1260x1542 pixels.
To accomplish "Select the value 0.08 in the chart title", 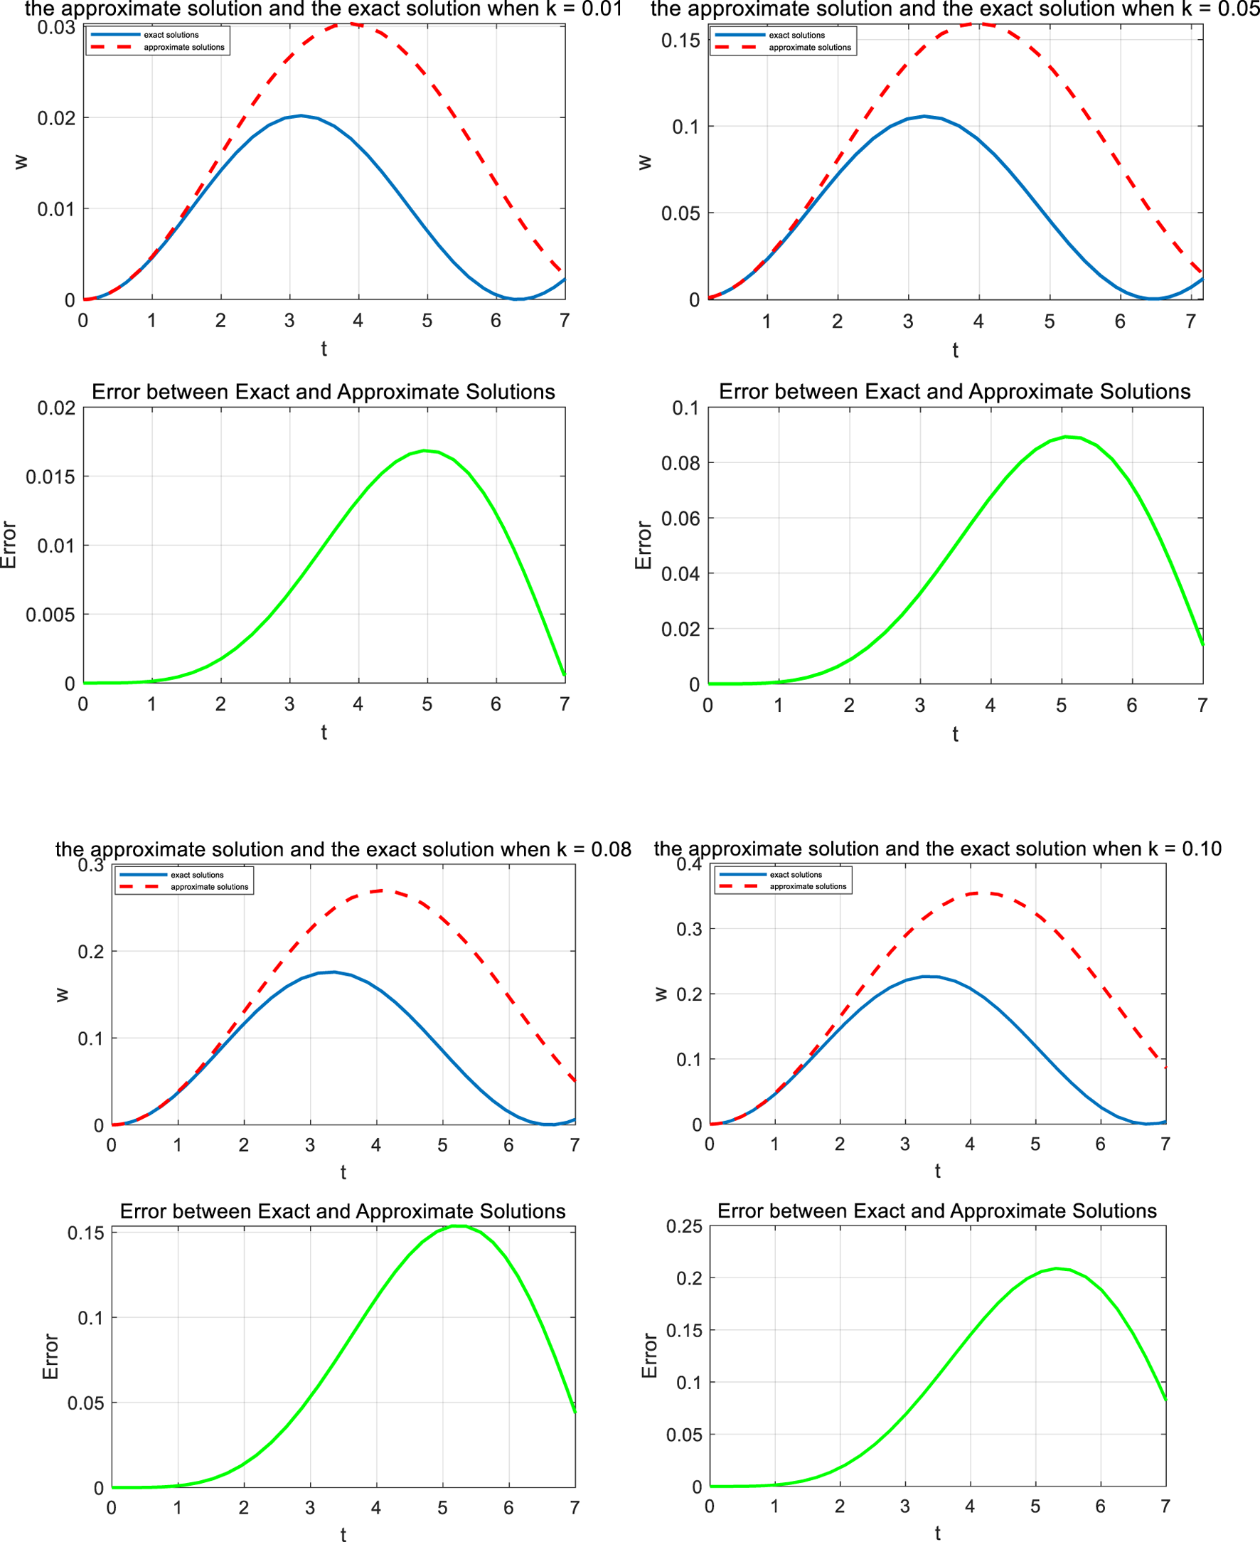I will tap(611, 849).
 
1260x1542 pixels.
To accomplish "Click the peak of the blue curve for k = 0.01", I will tap(301, 115).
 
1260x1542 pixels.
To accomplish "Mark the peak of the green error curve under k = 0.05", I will tap(1065, 437).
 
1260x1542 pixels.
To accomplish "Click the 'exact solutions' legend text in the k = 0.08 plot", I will tap(198, 875).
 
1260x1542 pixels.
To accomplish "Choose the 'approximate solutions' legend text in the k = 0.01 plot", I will tap(183, 47).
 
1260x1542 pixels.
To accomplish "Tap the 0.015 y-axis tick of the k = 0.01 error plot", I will tap(50, 477).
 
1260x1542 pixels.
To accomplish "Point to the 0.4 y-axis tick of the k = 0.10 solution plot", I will tap(689, 864).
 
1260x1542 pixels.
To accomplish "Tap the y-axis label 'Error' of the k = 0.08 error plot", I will tap(50, 1356).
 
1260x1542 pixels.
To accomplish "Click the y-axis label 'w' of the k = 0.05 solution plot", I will tap(644, 162).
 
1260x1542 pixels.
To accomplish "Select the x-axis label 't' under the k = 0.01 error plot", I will tap(324, 732).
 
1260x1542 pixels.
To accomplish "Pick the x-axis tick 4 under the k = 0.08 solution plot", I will tap(376, 1145).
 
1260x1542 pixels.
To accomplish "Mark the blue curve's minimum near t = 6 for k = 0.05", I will tap(1152, 299).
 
